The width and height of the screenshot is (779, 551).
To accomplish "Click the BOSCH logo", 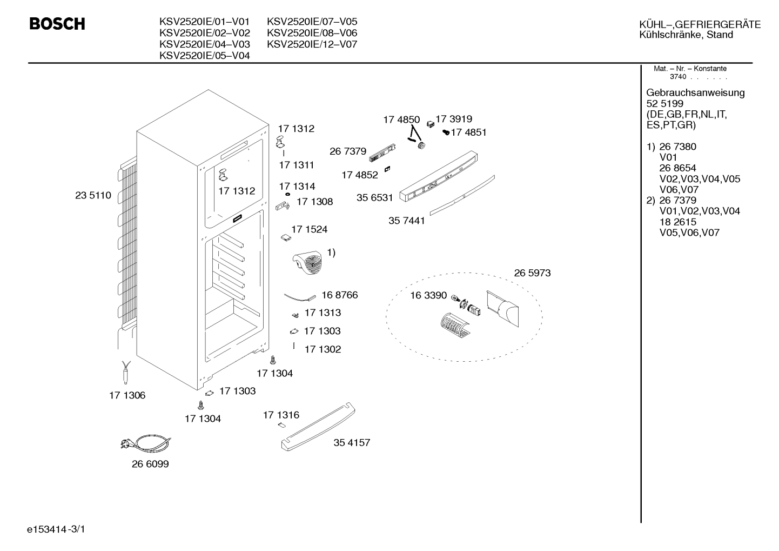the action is tap(57, 24).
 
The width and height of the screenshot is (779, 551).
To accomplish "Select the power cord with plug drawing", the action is tap(146, 443).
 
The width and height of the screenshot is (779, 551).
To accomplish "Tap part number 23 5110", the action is tap(93, 195).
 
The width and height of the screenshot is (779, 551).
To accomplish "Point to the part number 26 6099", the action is tap(150, 464).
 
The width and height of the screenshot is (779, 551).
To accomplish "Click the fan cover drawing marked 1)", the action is tap(307, 263).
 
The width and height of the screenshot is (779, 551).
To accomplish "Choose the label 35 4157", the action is tap(352, 443).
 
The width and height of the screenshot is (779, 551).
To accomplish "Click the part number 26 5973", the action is tap(533, 273).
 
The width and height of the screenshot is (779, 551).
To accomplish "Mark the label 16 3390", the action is tap(428, 296).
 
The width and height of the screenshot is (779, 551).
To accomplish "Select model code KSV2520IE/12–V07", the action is tap(312, 44).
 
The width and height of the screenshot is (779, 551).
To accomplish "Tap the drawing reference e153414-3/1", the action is tap(56, 529).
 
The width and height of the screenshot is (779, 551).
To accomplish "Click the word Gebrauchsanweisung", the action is tap(696, 93).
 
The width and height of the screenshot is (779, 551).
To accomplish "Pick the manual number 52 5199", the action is tap(665, 104).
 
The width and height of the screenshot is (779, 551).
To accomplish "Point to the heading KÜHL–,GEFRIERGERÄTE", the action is tap(700, 25).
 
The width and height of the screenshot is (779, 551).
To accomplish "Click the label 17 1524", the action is tap(310, 229).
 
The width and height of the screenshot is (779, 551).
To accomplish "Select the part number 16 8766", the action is tap(340, 295).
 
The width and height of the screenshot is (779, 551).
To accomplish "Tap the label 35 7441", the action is tap(407, 221).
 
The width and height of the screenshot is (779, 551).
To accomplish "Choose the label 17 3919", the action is tap(454, 119).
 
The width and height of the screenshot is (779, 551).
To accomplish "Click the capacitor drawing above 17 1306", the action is tap(126, 373).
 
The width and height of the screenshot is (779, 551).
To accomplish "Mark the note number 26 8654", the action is tap(678, 168).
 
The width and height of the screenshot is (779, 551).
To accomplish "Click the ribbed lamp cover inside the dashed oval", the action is tap(454, 326).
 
